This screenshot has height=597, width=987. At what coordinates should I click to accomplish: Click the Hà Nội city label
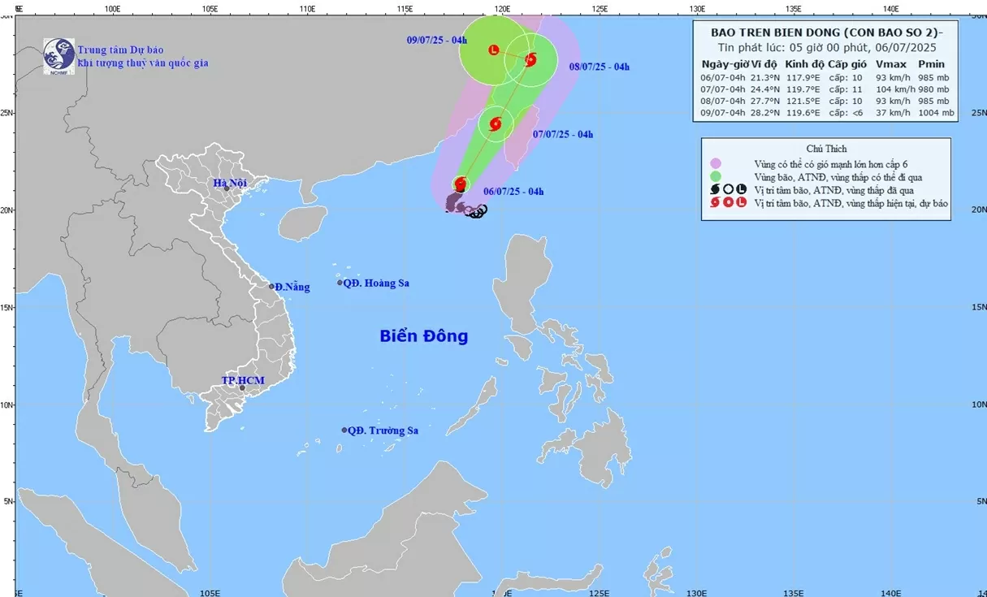tap(230, 183)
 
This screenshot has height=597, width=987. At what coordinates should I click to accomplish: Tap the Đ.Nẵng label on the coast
tap(292, 287)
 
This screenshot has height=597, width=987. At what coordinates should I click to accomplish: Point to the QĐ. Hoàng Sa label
tap(376, 283)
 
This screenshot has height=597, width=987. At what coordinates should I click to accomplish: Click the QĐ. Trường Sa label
tap(383, 431)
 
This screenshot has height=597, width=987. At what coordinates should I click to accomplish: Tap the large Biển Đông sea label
tap(423, 335)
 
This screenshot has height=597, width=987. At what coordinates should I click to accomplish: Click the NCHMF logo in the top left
tap(59, 56)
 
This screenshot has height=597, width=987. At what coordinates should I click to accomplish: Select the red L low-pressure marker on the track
tap(494, 50)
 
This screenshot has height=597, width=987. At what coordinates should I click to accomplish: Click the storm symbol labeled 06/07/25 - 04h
tap(461, 184)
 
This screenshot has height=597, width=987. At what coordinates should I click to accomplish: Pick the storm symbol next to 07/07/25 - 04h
tap(496, 124)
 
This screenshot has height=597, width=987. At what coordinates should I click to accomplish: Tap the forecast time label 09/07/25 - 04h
tap(437, 40)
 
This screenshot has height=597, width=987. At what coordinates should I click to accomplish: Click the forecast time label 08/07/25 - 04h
tap(600, 67)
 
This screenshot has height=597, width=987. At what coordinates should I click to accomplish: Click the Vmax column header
tap(890, 63)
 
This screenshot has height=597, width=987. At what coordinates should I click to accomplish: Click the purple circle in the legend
tap(716, 163)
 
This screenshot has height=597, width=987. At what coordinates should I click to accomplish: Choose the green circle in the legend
tap(716, 176)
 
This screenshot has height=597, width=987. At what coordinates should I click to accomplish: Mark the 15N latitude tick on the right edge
tap(978, 307)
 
